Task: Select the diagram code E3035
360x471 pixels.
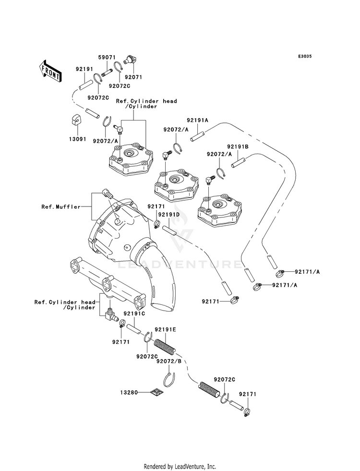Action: pos(305,56)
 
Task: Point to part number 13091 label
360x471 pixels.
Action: pos(78,139)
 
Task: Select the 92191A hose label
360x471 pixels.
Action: pos(198,120)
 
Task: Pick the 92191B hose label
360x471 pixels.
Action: pos(238,146)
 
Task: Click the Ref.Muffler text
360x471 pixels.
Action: pos(61,206)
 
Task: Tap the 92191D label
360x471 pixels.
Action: pos(169,215)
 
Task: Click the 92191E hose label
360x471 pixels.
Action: pos(166,329)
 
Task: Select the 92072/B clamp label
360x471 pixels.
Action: pos(169,362)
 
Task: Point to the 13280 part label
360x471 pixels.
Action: pos(129,392)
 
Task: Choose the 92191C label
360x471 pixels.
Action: pos(134,314)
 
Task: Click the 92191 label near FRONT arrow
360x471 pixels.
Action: pos(84,69)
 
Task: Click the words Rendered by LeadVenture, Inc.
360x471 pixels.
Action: pos(180,467)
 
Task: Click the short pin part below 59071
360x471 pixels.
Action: pos(107,72)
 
